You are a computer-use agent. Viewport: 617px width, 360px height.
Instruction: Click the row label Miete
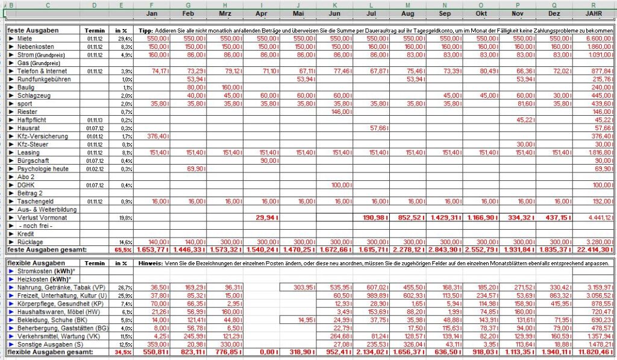point(25,37)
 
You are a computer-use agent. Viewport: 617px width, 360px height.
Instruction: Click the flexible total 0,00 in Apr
point(266,352)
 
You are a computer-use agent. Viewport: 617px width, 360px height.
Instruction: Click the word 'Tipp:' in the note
point(145,30)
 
